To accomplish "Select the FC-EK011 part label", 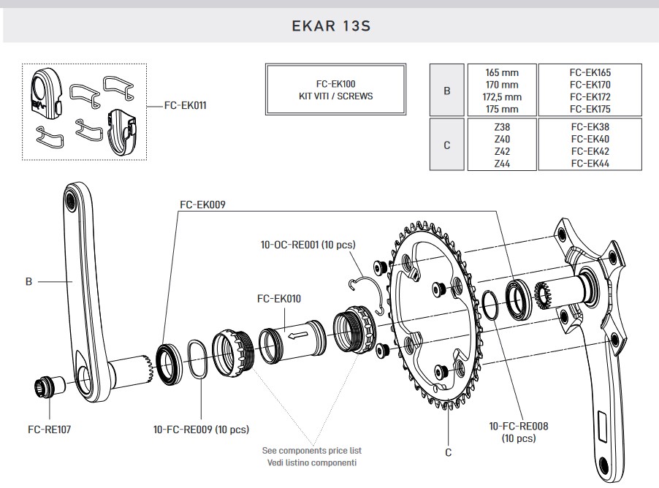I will (x=185, y=106).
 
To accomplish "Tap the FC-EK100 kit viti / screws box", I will (x=335, y=90).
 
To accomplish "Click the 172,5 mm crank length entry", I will (x=503, y=97).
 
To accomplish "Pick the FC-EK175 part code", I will (x=590, y=110).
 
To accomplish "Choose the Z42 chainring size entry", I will (x=502, y=151).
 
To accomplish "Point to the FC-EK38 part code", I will (x=590, y=127).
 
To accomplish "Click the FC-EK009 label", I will (x=202, y=205).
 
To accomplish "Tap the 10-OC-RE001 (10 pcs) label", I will (x=307, y=245).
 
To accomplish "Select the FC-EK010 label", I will (x=279, y=298).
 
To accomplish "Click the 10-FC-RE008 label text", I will (x=519, y=426).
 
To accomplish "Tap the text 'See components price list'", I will (x=311, y=451).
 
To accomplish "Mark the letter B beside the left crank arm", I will (x=28, y=281).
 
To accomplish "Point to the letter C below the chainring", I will (x=449, y=452).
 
